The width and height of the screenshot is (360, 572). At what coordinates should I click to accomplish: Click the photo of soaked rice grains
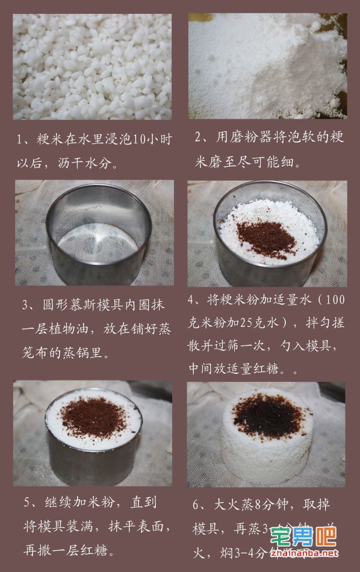92,66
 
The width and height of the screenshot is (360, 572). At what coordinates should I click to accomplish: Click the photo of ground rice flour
267,66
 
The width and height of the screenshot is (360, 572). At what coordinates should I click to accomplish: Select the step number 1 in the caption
19,140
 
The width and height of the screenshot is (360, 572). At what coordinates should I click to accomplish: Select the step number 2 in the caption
199,138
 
